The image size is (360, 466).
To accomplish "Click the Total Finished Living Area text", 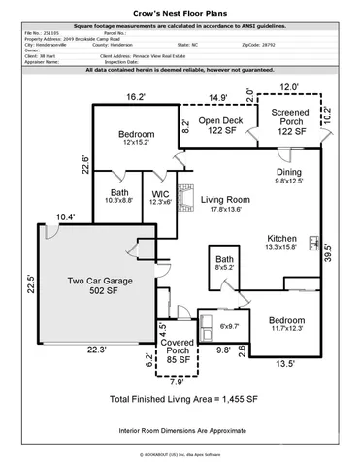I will [182, 398].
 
